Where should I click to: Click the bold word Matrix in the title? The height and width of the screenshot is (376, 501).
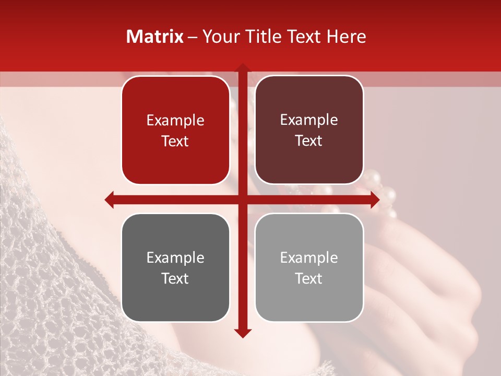coord(155,37)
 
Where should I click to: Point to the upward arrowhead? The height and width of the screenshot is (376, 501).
coord(242,68)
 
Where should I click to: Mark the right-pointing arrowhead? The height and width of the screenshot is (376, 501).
coord(374,199)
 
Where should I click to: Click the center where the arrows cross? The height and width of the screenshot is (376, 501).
coord(242,199)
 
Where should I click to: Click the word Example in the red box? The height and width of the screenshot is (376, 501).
coord(175,121)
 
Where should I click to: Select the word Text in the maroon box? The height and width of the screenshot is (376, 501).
coord(309,141)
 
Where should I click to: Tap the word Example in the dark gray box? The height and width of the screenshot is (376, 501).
coord(175,258)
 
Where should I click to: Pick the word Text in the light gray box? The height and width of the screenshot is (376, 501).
coord(309,279)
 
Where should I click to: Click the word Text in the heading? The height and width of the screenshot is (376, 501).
coord(303,37)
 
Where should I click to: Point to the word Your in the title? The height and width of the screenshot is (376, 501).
coord(218,37)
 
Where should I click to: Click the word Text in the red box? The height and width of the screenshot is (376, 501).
coord(175,142)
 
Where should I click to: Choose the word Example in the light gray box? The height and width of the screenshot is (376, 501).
coord(309,258)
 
